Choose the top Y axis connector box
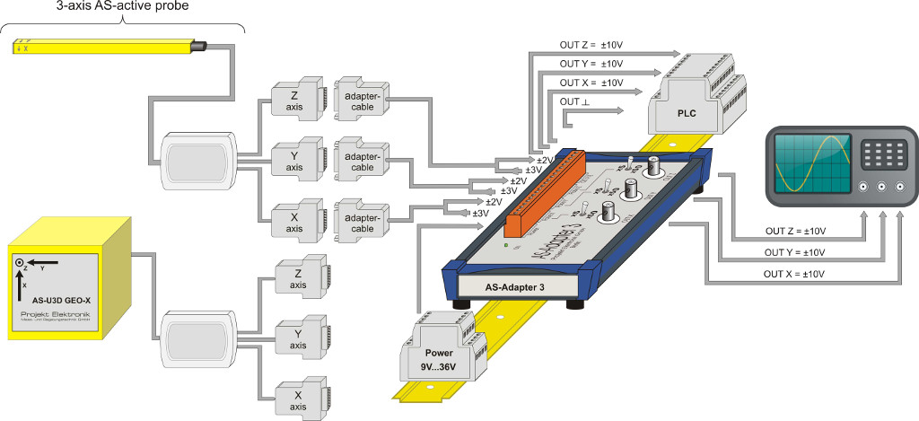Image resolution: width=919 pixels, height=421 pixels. pyautogui.click(x=295, y=160)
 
